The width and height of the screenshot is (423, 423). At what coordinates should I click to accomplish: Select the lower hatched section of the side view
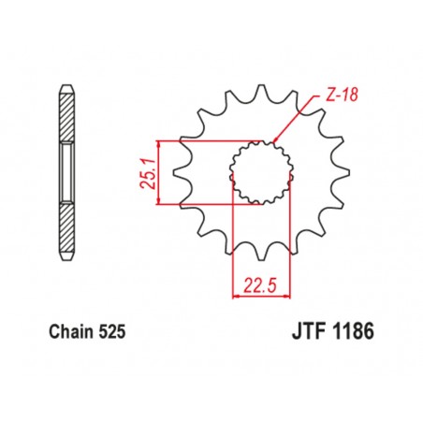coord(68,230)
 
